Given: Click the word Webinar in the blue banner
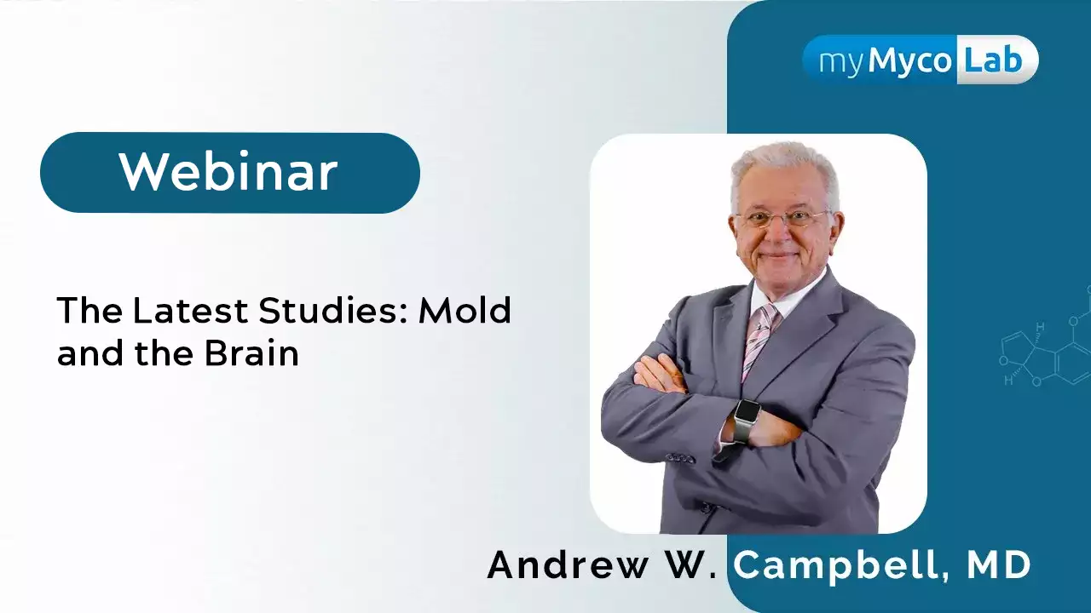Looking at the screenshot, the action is pos(228,172).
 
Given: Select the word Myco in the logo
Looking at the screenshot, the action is pos(909,63).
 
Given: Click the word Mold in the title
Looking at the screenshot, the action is pos(465,310).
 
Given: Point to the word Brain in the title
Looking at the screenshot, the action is pos(251,352).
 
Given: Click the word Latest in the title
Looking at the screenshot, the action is pos(190,310).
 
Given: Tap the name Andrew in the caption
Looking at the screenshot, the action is pos(568,564).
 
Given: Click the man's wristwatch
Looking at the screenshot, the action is pos(745,421).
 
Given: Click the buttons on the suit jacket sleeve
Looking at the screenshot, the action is pos(680,458).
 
